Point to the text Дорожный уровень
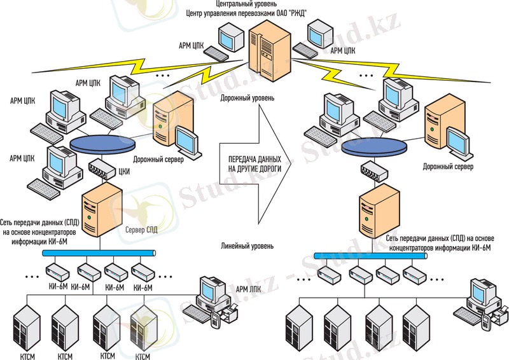248,99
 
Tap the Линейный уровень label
248,246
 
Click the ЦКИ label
125,170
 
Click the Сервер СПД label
141,229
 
